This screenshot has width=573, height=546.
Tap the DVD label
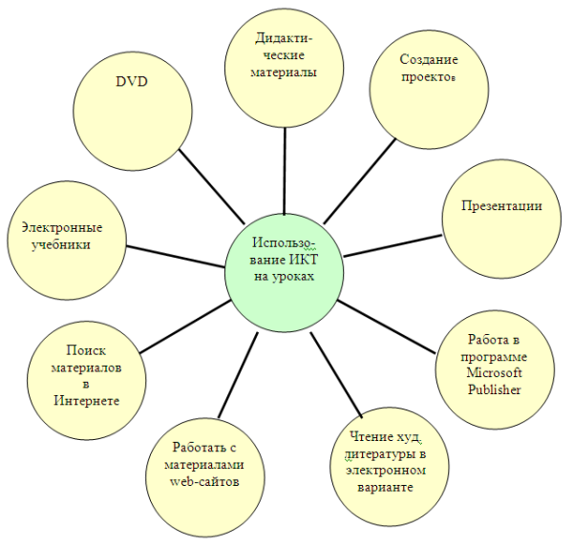(131, 81)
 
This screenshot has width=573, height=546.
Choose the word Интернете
(87, 400)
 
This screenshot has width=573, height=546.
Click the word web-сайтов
(203, 481)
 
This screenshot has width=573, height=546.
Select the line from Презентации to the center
(392, 243)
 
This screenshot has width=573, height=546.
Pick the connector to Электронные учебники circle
(178, 258)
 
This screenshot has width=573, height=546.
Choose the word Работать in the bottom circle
(197, 448)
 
